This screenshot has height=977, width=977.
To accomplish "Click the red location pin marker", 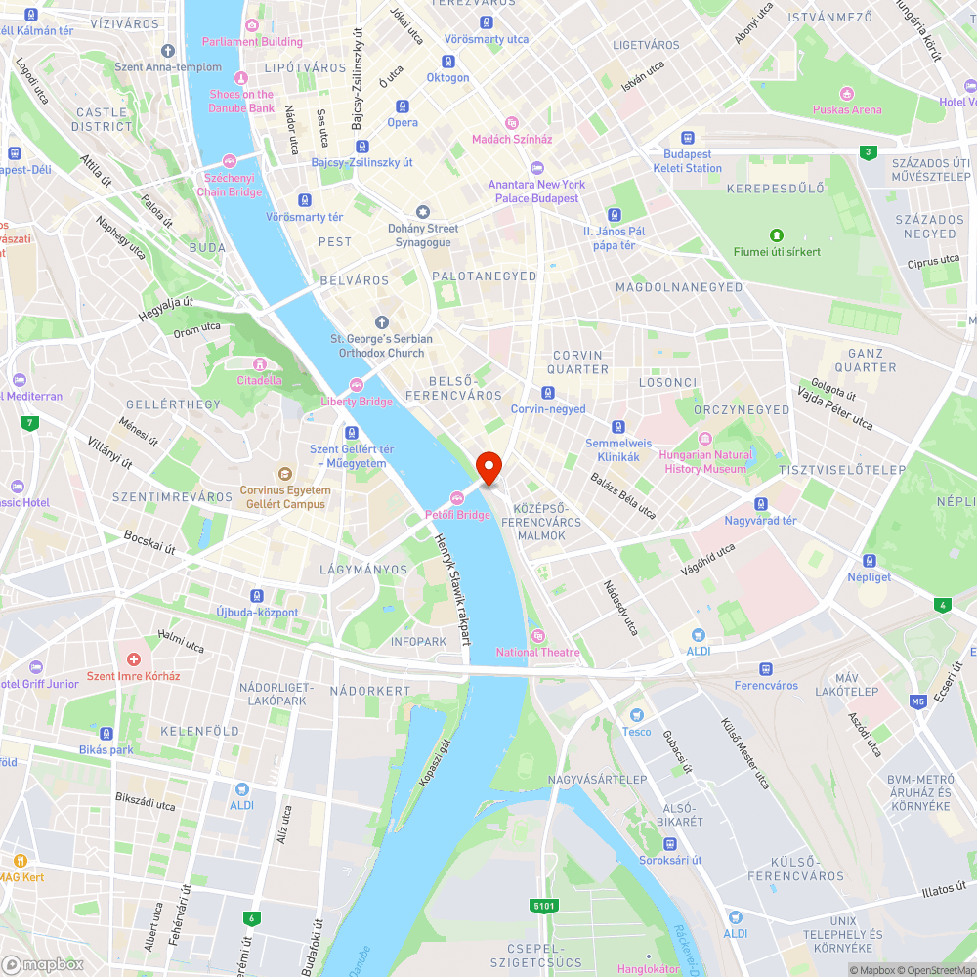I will tap(488, 467).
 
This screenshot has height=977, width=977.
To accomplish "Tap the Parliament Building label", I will tap(252, 41).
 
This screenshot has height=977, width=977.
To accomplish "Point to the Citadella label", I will tap(259, 380).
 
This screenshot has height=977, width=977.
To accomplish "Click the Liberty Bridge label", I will tap(357, 401).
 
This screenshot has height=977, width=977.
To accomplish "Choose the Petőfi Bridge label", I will tap(457, 514).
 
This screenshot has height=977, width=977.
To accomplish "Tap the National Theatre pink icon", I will tap(535, 635).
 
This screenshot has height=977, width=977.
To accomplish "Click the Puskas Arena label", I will tap(847, 109).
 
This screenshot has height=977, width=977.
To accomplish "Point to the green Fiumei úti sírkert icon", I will tap(777, 234).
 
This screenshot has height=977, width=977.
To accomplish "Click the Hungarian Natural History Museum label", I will tap(705, 462).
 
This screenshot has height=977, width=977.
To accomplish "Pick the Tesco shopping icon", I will tap(636, 715).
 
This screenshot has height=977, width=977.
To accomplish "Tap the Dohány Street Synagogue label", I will tap(423, 235).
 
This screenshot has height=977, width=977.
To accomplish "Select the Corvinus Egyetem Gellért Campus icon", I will tap(284, 474).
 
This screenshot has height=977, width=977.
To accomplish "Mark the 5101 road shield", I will tap(544, 906).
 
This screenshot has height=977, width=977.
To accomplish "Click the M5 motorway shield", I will tap(918, 701).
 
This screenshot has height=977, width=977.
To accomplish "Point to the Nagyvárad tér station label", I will tap(760, 520).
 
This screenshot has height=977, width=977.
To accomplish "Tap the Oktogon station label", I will tap(447, 77).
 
